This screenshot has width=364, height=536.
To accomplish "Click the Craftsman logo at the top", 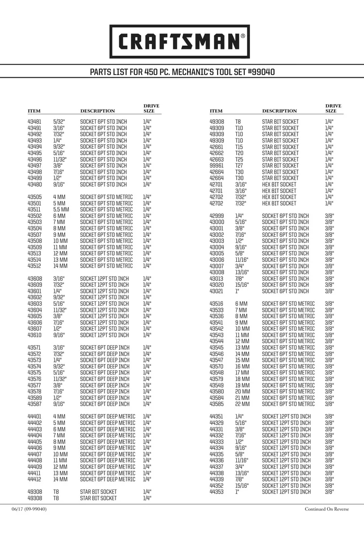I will [180, 41].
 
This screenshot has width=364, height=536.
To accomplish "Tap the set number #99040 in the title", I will [259, 72].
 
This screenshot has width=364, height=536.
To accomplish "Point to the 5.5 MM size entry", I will [61, 209].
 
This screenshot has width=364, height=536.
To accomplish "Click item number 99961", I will [217, 165].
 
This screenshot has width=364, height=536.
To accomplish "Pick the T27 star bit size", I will [239, 165].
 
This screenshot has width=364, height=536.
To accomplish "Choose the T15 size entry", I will [239, 147].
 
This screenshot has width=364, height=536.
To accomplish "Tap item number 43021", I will [217, 291].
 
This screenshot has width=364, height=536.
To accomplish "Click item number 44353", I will [217, 492].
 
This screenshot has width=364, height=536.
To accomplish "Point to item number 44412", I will [35, 479].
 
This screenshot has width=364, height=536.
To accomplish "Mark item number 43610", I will [35, 335].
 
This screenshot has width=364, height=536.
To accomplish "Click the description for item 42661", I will [280, 147].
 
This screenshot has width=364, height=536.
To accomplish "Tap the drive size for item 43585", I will [330, 404].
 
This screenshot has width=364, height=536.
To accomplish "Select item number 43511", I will [35, 209].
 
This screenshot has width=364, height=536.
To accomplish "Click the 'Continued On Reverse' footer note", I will [327, 509].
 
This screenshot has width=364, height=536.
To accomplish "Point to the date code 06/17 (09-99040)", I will [29, 509].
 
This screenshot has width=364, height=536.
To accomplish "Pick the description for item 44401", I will [107, 417].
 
